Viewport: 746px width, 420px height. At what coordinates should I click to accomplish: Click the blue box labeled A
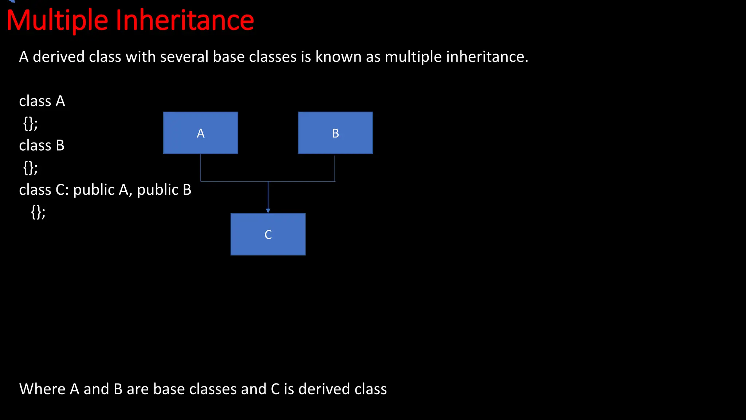click(200, 133)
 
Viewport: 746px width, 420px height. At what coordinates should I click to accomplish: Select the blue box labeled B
click(335, 133)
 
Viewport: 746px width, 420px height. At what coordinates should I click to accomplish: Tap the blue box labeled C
click(268, 234)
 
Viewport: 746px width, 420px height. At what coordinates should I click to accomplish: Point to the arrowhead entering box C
click(268, 211)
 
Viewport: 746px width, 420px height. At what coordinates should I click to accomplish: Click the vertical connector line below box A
click(201, 168)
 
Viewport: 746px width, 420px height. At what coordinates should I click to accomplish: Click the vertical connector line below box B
click(334, 168)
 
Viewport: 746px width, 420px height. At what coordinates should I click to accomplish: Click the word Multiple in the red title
click(57, 20)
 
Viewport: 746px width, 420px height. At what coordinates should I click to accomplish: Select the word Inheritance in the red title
click(185, 20)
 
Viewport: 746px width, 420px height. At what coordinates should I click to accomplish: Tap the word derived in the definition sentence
click(59, 57)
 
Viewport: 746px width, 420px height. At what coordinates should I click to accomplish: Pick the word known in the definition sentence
click(338, 57)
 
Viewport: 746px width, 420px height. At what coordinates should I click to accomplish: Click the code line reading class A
click(42, 101)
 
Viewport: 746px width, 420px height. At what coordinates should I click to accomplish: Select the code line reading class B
click(42, 145)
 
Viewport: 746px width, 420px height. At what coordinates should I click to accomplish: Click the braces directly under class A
click(30, 124)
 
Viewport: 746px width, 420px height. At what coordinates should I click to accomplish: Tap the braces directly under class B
click(30, 168)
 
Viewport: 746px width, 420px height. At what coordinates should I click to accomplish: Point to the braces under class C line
click(38, 212)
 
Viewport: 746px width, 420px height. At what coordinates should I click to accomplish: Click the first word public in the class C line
click(94, 190)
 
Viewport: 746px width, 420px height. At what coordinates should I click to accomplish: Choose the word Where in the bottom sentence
click(42, 389)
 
